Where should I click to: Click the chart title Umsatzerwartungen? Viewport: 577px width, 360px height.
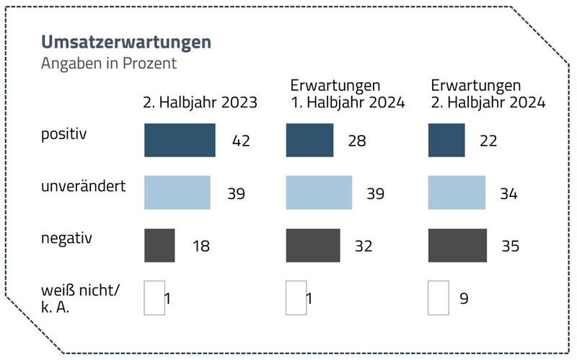click(x=126, y=42)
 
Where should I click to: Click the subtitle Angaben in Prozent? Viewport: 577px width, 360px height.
click(x=109, y=63)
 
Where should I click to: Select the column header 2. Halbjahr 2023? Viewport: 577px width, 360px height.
click(x=200, y=102)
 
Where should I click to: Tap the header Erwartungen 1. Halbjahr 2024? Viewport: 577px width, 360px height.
click(x=347, y=94)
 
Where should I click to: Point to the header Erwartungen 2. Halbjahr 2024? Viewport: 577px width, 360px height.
click(x=487, y=94)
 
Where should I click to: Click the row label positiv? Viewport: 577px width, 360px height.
click(x=63, y=134)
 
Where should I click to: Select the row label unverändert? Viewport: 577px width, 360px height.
click(x=84, y=186)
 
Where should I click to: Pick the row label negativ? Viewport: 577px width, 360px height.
click(x=67, y=238)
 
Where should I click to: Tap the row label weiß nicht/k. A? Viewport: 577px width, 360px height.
click(x=80, y=298)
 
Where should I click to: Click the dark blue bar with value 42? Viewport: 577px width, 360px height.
click(x=180, y=140)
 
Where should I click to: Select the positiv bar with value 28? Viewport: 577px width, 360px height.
click(x=309, y=140)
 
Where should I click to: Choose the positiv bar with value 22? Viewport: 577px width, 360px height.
click(x=446, y=140)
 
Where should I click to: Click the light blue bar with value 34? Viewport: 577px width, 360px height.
click(x=457, y=193)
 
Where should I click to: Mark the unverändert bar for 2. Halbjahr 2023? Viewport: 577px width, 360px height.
click(x=177, y=193)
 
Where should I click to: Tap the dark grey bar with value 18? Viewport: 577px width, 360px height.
click(x=159, y=245)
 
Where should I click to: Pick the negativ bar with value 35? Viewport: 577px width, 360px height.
click(x=457, y=245)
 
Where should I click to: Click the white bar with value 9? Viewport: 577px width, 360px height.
click(x=438, y=298)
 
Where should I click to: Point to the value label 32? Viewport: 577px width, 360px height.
click(x=364, y=246)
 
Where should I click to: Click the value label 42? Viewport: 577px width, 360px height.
click(x=241, y=141)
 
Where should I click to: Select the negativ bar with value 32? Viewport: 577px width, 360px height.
click(x=312, y=245)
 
